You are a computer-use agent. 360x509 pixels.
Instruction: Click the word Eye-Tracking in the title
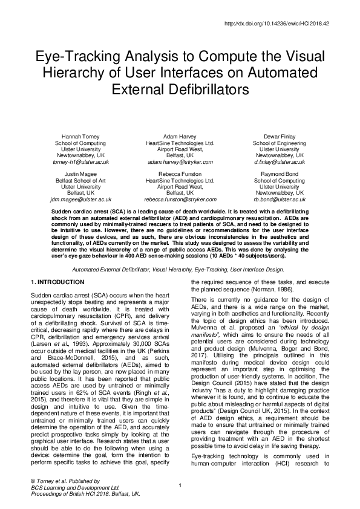tap(76, 57)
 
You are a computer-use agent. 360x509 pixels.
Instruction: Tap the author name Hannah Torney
tap(80, 137)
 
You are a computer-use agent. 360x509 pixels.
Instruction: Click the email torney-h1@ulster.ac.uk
tap(80, 163)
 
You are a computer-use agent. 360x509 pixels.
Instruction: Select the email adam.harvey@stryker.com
tap(180, 163)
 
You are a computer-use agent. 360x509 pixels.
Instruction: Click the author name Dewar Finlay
tap(279, 137)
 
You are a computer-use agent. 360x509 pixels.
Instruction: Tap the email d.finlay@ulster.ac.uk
tap(279, 163)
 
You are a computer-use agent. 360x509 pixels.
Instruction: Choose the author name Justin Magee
tap(80, 173)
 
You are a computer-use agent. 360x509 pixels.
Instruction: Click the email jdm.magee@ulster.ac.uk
tap(80, 199)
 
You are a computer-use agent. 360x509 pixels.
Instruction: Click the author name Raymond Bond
tap(279, 173)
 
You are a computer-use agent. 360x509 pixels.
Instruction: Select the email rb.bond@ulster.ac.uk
tap(279, 199)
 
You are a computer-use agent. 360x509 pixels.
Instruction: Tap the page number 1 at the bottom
tap(180, 485)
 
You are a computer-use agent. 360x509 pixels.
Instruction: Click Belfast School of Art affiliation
tap(80, 180)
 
